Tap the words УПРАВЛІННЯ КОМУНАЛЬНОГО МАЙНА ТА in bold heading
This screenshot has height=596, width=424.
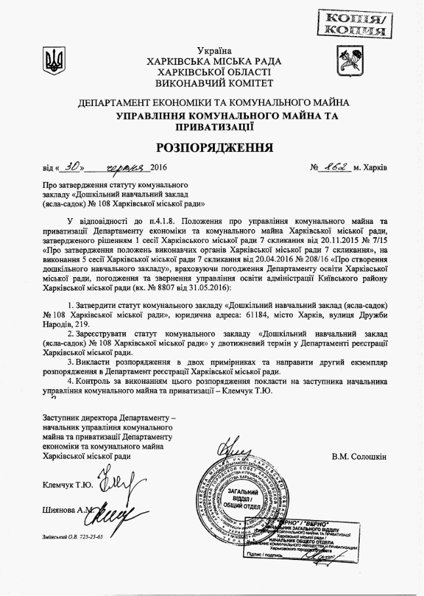[x=227, y=116]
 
